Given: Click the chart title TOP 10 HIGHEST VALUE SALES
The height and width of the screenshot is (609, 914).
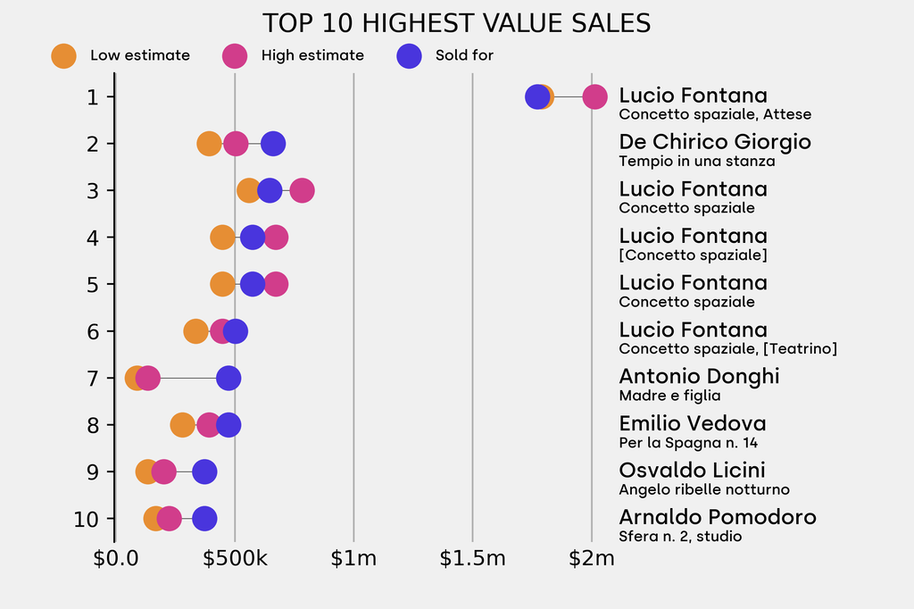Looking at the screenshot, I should pos(456,23).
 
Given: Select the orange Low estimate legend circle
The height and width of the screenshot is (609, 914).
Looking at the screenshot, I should pos(63,55).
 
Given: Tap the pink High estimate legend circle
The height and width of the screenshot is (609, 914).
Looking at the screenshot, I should pos(235,55).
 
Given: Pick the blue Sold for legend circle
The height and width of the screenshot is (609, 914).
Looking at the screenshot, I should pos(408,55).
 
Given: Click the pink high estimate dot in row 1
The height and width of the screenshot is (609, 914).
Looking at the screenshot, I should pos(594,96).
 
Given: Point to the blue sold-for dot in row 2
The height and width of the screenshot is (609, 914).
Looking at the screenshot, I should pos(273,144).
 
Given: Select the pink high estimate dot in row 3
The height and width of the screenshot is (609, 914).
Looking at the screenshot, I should pos(302,190).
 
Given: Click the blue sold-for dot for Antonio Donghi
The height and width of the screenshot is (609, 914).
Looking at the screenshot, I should pos(228,378).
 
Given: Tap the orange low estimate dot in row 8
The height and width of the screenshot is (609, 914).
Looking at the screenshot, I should pos(182,425).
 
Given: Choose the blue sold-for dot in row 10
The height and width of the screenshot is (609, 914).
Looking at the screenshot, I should pos(204,519).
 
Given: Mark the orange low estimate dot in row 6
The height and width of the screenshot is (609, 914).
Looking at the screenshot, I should pos(196,331).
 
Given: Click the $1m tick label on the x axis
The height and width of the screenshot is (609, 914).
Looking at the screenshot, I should pos(353,559).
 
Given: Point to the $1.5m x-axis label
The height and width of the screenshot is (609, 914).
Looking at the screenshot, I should pos(472,559).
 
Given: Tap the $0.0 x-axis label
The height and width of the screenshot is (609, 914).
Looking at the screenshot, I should pos(116,559).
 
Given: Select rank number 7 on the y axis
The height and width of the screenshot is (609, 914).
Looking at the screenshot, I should pos(93,378).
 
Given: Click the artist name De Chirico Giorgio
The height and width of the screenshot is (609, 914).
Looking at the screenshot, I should pos(715,142).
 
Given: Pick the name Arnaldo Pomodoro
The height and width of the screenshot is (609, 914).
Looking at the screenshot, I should pos(718,517).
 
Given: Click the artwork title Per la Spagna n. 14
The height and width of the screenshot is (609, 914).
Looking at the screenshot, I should pos(688,443).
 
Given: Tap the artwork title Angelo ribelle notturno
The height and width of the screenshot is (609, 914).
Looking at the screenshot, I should pos(704,489).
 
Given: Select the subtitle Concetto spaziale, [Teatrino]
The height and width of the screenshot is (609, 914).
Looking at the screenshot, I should pos(727,348).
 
